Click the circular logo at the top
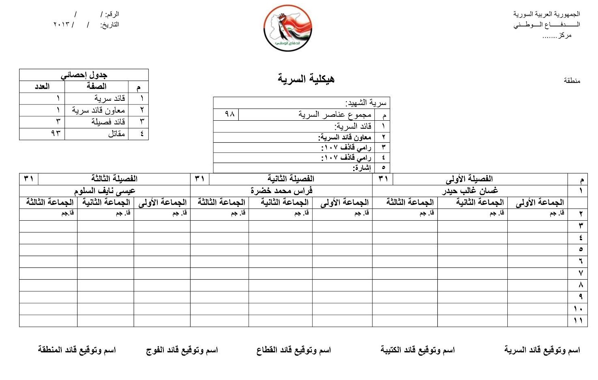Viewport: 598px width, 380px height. tap(288, 28)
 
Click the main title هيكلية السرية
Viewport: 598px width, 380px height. tap(306, 78)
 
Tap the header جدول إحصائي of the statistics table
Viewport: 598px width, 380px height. tap(84, 75)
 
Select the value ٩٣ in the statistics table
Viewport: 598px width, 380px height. tap(56, 133)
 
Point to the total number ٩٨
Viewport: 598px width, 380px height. tap(230, 114)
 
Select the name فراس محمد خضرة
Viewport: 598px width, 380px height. tap(281, 191)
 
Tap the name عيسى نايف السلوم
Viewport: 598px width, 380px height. tap(104, 191)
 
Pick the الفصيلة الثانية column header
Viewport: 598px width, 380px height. tap(291, 179)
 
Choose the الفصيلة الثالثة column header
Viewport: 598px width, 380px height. tap(114, 179)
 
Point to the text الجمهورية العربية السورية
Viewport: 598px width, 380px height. tap(546, 14)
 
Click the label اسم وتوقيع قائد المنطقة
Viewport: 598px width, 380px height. tap(77, 350)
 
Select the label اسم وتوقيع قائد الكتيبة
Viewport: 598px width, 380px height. tap(418, 350)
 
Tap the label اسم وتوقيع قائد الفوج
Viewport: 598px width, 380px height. tap(182, 350)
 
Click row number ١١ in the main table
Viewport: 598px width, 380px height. tap(578, 321)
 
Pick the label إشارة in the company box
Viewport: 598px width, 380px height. tap(362, 167)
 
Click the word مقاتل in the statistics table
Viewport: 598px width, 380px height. tap(116, 134)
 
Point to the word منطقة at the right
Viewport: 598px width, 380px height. tap(572, 80)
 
